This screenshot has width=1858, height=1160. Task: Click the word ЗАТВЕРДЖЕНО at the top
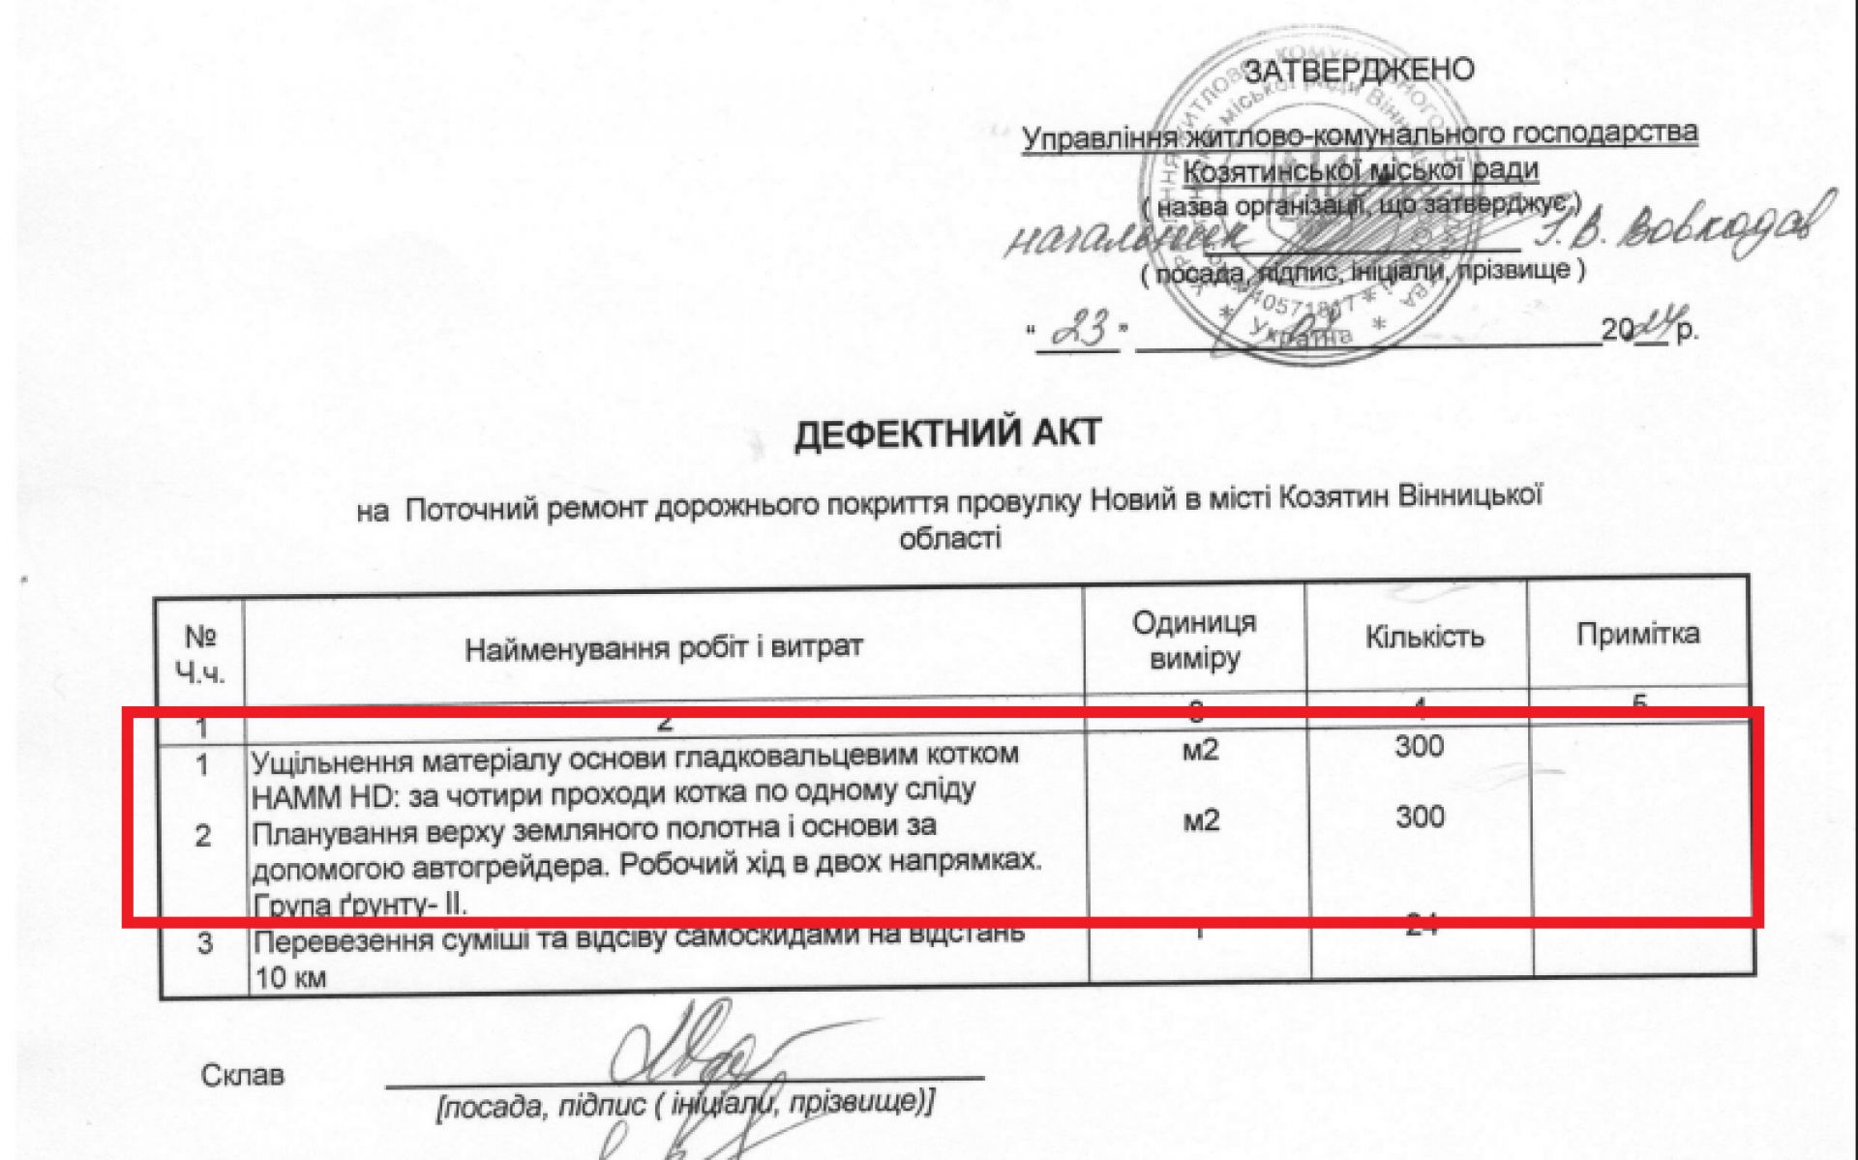1359,71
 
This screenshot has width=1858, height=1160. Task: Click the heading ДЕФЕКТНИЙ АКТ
947,433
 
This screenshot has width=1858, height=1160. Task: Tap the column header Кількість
1423,638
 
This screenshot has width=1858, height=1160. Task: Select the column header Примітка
1637,635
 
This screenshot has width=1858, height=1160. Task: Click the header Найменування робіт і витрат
663,647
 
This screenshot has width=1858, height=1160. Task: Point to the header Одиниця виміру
1194,640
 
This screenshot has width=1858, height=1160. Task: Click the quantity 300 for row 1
1419,746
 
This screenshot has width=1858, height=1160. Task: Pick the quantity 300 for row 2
1419,817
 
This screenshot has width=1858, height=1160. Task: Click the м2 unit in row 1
1200,749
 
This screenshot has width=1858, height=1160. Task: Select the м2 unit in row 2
1200,821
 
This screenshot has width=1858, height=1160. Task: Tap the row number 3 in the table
204,942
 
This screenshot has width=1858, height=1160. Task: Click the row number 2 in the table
202,836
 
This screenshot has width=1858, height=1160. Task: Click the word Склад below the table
243,1075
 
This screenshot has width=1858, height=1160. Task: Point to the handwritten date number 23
1078,332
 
